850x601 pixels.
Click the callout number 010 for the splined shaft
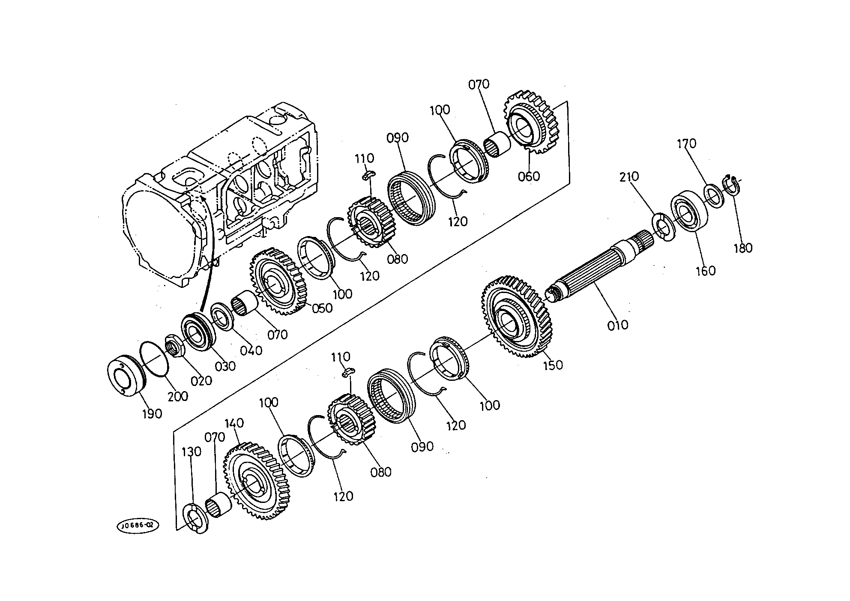tap(617, 325)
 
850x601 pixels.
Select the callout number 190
tap(152, 414)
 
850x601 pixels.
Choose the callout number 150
tap(553, 365)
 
